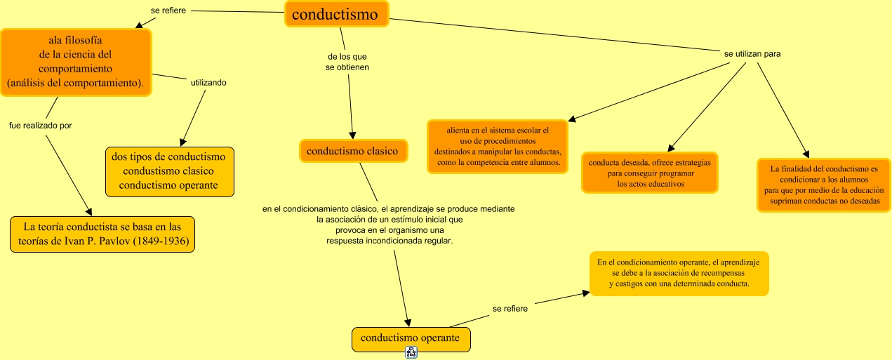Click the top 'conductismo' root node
coord(337,14)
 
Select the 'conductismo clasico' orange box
coord(353,151)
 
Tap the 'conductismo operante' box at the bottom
coord(411,339)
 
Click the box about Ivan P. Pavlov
coord(102,234)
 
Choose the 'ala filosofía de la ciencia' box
coord(76,62)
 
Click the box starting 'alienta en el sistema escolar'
coord(498,146)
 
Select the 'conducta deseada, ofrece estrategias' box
coord(649,173)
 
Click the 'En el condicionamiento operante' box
coord(679,273)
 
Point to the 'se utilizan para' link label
coord(752,53)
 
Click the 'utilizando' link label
coord(208,83)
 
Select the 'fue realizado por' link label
coord(40,126)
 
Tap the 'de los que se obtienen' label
coord(347,62)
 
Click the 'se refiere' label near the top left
coord(168,11)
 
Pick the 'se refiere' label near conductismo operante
coord(510,308)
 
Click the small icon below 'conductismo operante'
coord(411,353)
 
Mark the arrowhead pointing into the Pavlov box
coord(88,211)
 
